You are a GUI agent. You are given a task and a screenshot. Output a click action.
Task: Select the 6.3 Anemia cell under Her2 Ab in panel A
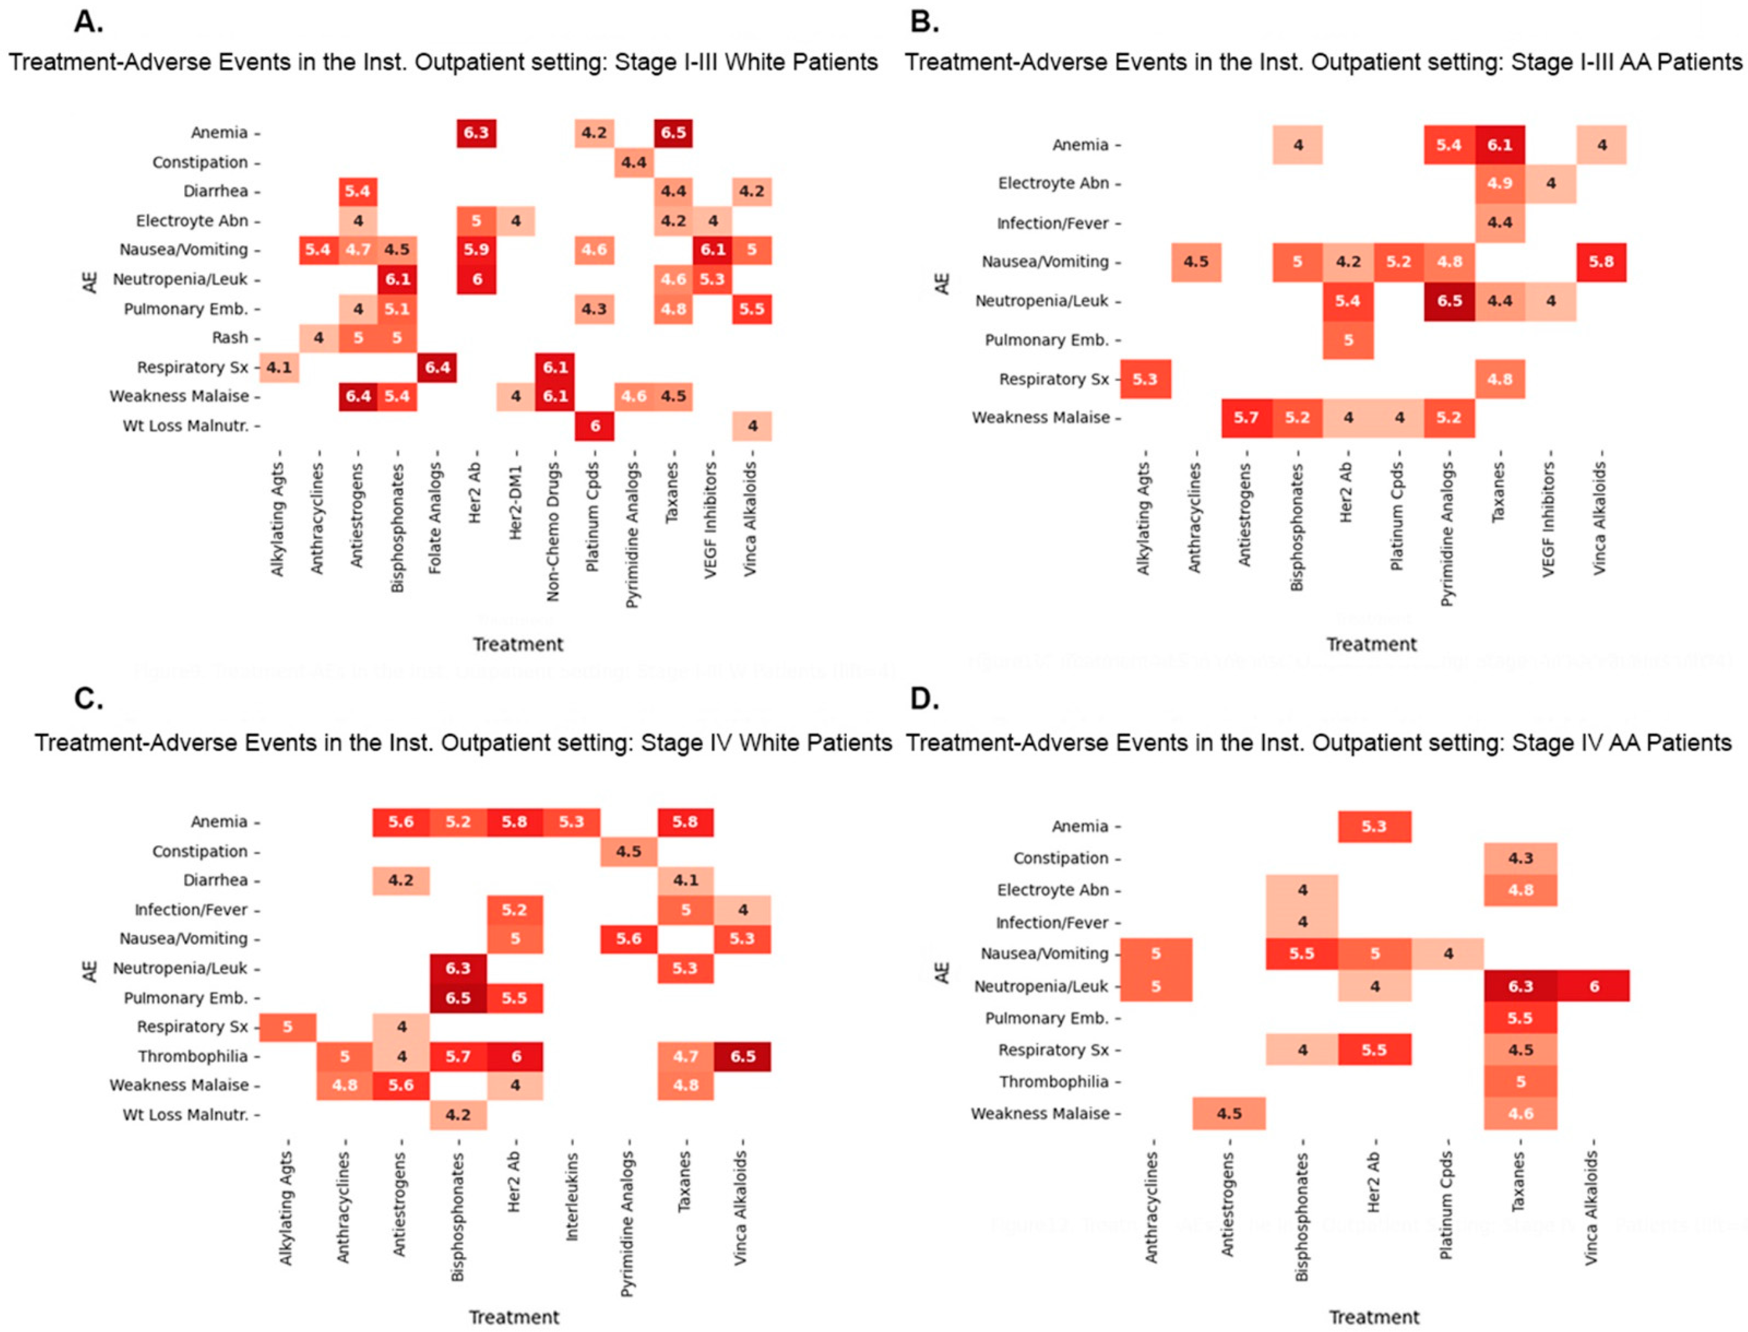click(x=476, y=132)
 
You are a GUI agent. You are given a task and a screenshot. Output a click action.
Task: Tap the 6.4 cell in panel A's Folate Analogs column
click(x=437, y=367)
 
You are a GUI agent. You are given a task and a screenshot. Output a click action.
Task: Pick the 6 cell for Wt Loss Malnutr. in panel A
click(x=595, y=426)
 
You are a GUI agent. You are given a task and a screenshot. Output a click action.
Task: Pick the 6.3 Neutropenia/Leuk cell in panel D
click(x=1520, y=986)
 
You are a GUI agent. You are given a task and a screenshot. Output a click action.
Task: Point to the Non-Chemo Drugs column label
click(x=553, y=531)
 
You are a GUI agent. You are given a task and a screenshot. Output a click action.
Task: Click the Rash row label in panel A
click(x=230, y=338)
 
